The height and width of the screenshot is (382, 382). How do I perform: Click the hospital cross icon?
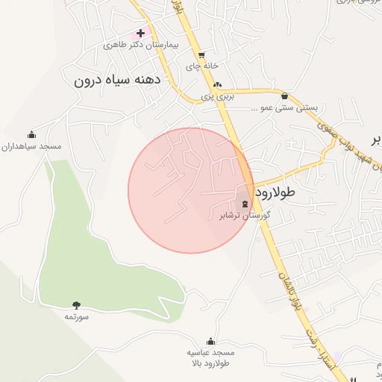[x=140, y=34]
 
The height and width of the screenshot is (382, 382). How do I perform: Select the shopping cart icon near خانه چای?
[x=201, y=54]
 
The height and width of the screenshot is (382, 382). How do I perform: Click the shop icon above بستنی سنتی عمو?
[x=285, y=95]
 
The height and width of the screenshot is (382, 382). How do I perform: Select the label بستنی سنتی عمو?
[x=289, y=107]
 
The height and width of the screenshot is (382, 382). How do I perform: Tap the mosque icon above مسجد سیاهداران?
[x=31, y=135]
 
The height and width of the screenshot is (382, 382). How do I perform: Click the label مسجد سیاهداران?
[x=31, y=146]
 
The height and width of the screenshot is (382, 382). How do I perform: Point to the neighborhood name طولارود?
[x=275, y=192]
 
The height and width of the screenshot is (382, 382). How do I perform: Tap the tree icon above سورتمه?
[x=76, y=304]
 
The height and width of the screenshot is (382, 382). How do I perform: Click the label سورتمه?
[x=76, y=316]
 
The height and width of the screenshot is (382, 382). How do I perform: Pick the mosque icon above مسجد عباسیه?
[x=211, y=341]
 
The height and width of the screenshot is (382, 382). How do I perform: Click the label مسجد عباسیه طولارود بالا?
[x=211, y=357]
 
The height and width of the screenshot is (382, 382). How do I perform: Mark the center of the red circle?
[x=191, y=190]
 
